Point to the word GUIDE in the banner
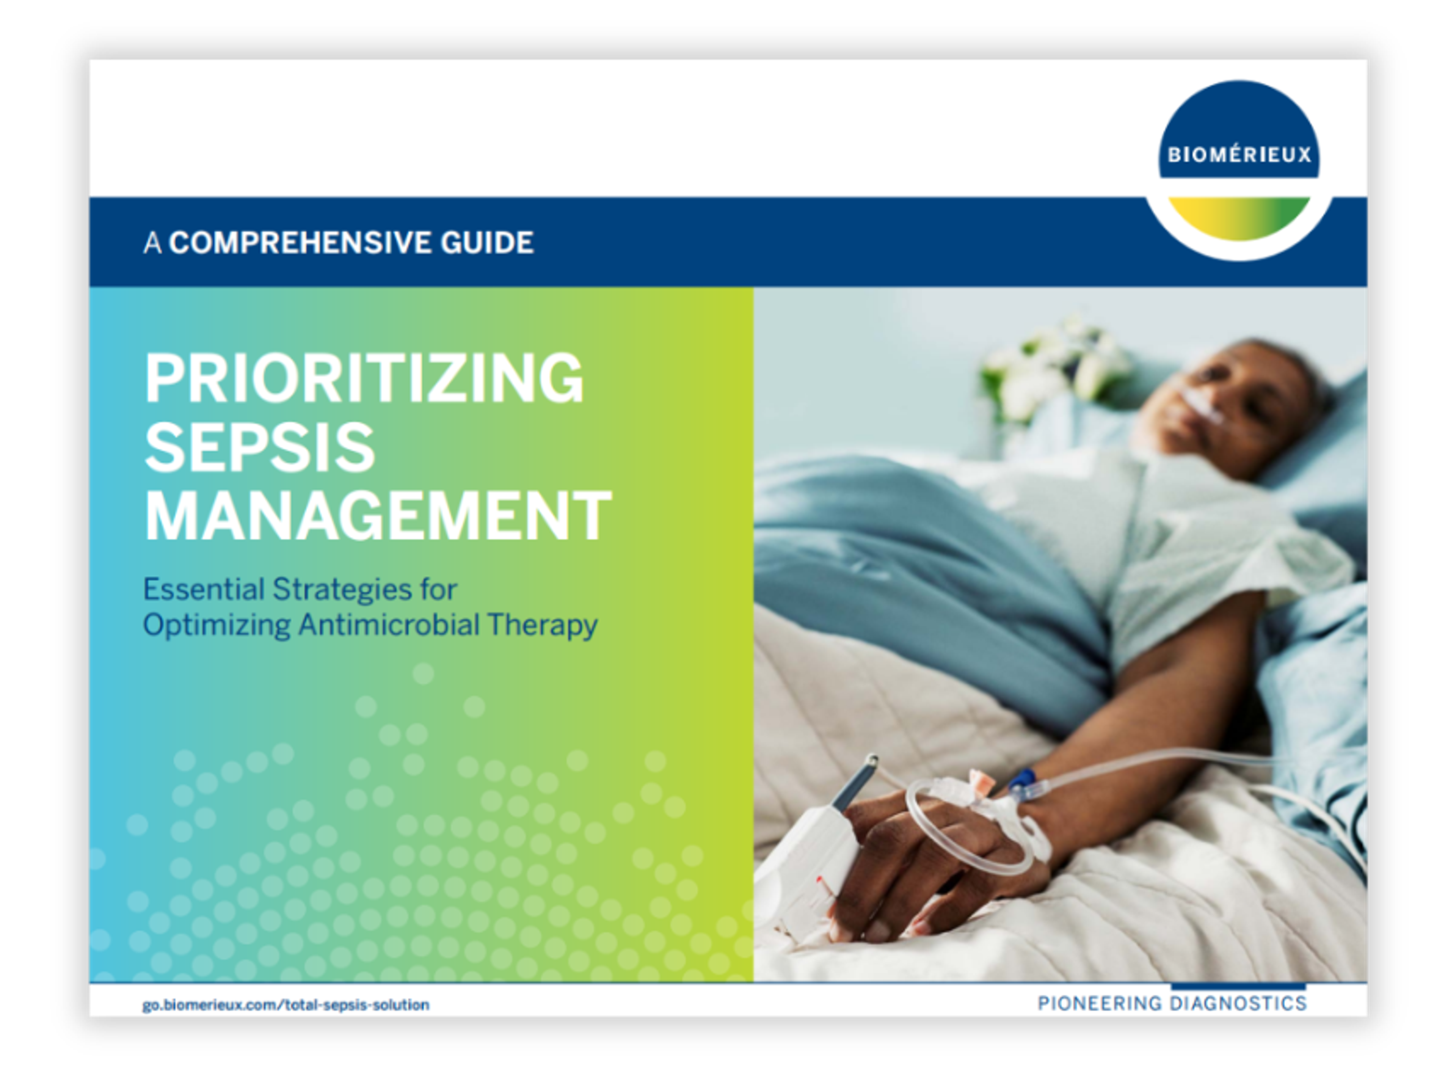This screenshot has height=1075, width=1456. click(x=487, y=243)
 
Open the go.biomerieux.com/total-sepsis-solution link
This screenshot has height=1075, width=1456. click(x=286, y=1005)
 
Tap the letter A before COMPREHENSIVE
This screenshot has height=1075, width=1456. click(x=152, y=243)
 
